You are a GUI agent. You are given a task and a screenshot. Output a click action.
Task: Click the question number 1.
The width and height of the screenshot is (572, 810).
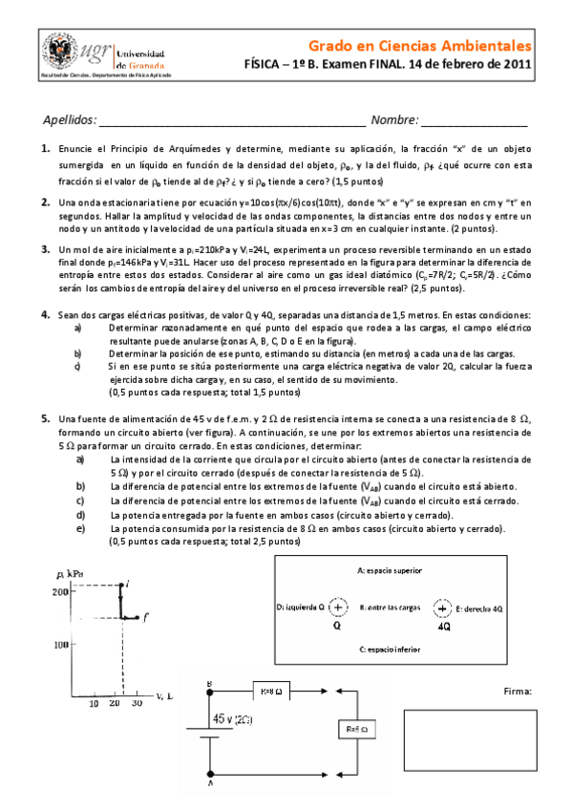click(45, 150)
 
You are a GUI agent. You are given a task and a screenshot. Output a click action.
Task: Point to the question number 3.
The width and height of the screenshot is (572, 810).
click(45, 248)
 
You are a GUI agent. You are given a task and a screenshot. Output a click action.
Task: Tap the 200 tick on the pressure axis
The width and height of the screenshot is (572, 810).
click(59, 592)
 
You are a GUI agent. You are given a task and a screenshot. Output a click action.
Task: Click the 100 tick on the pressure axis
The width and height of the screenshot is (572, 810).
click(59, 644)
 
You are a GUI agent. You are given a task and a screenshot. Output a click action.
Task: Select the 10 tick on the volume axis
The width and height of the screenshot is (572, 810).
click(94, 703)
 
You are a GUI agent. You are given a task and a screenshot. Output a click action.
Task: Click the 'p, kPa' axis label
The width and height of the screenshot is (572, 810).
click(69, 572)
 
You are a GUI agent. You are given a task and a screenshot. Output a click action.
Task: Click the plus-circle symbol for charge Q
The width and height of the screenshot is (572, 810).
click(338, 607)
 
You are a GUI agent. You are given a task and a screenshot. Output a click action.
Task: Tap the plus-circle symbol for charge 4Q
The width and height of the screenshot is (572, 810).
click(443, 607)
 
